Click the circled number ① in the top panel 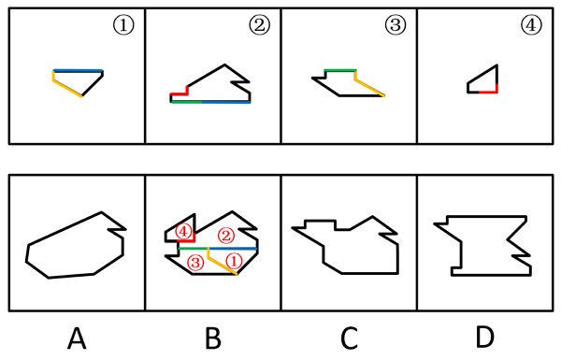pos(123,25)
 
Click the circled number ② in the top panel pos(259,25)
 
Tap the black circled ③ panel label pos(396,25)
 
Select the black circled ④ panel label pos(531,25)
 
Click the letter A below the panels pos(77,338)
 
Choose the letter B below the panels pos(213,338)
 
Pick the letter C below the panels pos(349,338)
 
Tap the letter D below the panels pos(485,338)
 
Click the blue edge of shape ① pos(78,70)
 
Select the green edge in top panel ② pos(187,102)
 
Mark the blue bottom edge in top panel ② pos(226,102)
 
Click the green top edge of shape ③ pos(340,70)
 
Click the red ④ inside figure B pos(183,232)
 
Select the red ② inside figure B pos(226,236)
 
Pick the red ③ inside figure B pos(195,263)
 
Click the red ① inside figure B pos(234,261)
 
